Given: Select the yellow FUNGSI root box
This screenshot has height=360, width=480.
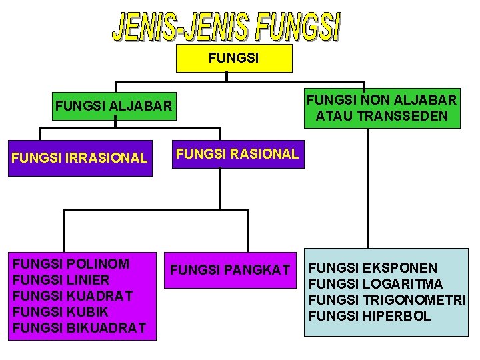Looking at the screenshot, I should [234, 59].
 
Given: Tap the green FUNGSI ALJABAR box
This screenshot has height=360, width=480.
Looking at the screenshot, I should [113, 105].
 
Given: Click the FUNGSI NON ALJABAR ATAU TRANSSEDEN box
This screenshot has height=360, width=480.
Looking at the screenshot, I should [381, 109].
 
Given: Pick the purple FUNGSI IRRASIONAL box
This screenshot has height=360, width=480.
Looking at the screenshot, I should [80, 158].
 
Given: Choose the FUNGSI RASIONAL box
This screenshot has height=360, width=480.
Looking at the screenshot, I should [237, 154].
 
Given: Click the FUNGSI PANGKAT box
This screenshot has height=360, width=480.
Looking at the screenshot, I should [230, 270].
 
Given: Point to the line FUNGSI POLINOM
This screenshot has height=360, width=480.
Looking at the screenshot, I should [71, 263].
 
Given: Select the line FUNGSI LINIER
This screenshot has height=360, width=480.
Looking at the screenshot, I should [61, 279].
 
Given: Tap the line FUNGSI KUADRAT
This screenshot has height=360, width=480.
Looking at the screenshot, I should [73, 295].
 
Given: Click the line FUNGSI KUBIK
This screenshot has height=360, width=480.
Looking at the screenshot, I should [61, 311].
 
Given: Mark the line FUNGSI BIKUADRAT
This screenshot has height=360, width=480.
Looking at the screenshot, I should [79, 327].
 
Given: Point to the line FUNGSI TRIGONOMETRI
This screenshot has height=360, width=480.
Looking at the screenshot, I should [387, 300].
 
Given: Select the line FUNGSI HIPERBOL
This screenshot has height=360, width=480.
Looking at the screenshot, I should [370, 316].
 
